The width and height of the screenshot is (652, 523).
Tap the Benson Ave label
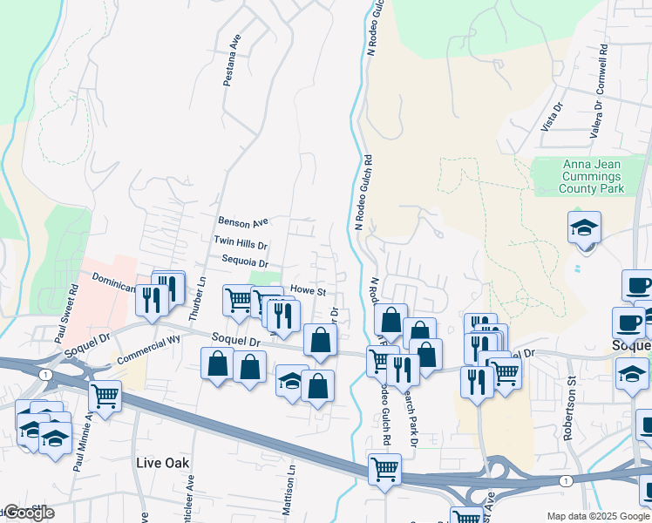pos(244,222)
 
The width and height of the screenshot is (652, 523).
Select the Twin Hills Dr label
pos(240,241)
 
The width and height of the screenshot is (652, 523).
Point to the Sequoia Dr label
pos(245,261)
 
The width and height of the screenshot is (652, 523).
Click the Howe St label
pos(308,290)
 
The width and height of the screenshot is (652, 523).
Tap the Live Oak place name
pos(163,462)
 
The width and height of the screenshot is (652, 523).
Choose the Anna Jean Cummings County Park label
pos(593,176)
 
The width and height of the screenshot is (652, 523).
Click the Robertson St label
pos(572,408)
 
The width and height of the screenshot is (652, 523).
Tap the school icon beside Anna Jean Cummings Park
pos(584,228)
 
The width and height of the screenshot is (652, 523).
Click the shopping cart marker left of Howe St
pos(238,300)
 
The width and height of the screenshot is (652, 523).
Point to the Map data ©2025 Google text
pos(598,516)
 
